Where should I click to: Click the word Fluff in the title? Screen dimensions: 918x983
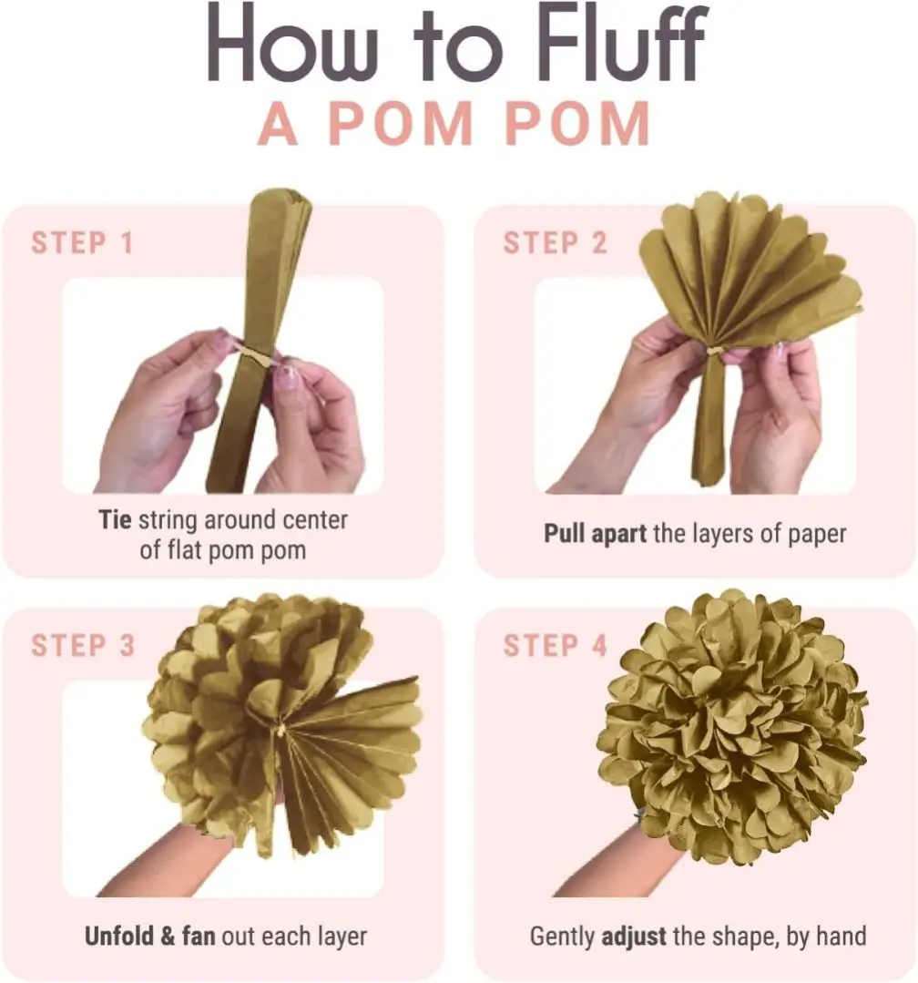pyautogui.click(x=623, y=43)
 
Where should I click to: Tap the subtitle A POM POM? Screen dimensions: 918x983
pyautogui.click(x=454, y=123)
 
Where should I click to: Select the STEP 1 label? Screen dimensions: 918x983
pyautogui.click(x=83, y=243)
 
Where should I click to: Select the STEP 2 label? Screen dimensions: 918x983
pyautogui.click(x=556, y=243)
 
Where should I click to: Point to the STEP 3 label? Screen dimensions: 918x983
pyautogui.click(x=83, y=646)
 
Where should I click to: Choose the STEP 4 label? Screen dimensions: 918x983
pyautogui.click(x=556, y=646)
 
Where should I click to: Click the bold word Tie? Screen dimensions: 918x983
pyautogui.click(x=115, y=519)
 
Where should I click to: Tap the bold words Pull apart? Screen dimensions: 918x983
pyautogui.click(x=595, y=534)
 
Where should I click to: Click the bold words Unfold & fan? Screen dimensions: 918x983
pyautogui.click(x=149, y=936)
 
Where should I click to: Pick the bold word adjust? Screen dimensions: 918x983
pyautogui.click(x=634, y=937)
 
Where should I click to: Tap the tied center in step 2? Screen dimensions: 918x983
pyautogui.click(x=713, y=353)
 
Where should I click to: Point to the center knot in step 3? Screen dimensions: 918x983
pyautogui.click(x=280, y=729)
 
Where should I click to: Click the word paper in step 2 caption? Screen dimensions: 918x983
pyautogui.click(x=817, y=535)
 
